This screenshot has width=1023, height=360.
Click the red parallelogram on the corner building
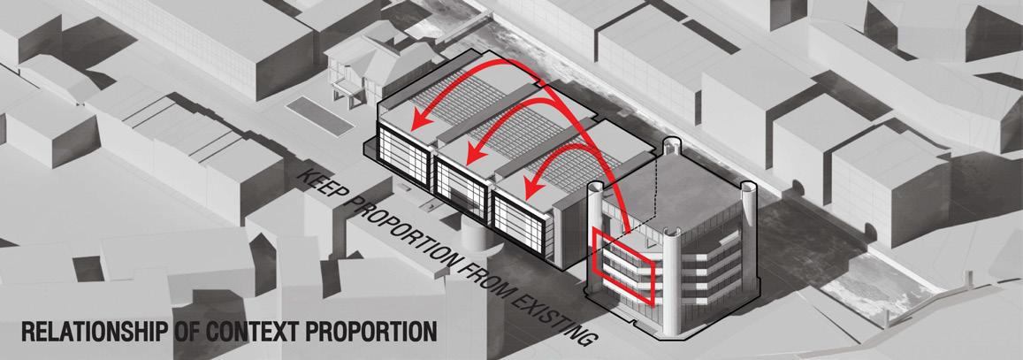[x=624, y=265]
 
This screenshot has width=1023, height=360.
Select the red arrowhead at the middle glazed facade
[x=474, y=153]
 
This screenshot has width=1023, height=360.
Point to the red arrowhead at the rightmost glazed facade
[x=531, y=186]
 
